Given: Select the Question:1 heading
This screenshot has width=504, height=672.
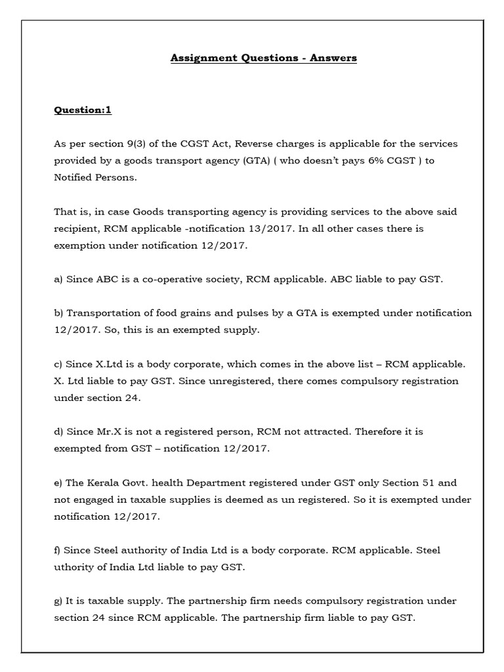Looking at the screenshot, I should pos(82,110).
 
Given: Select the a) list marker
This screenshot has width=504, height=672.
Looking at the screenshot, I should pos(58,279).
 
